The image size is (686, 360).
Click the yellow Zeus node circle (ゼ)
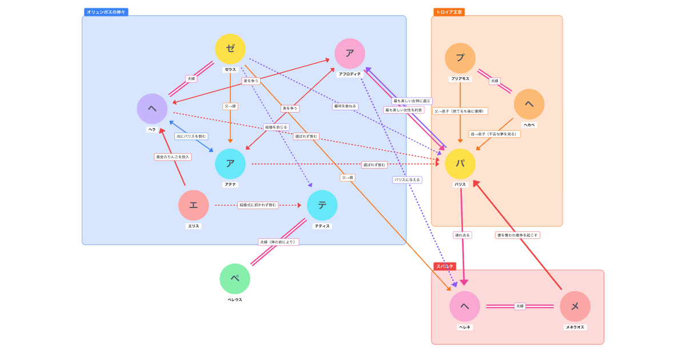(x=230, y=49)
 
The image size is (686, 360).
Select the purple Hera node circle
(x=152, y=109)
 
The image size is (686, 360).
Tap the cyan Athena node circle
(x=230, y=164)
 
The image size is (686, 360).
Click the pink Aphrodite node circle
(x=350, y=54)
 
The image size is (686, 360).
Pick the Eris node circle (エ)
(x=193, y=205)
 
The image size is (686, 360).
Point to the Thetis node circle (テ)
(x=322, y=205)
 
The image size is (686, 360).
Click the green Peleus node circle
(x=235, y=279)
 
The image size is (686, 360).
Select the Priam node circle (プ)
(x=460, y=58)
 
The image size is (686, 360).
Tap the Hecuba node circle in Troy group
(x=529, y=104)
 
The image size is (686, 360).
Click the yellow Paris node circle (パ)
(x=460, y=164)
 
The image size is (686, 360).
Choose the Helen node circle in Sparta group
(x=465, y=306)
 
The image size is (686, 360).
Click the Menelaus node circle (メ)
(x=575, y=306)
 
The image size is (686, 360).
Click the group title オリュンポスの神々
(x=106, y=12)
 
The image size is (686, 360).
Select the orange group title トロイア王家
(x=449, y=12)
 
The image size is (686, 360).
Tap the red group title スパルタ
(x=445, y=266)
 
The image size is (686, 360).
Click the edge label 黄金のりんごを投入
(x=173, y=157)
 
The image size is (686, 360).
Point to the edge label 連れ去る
(x=462, y=235)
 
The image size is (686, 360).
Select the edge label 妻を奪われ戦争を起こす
(x=517, y=235)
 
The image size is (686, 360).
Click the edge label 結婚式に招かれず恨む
(x=258, y=205)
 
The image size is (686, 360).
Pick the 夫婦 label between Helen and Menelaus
(x=520, y=306)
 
